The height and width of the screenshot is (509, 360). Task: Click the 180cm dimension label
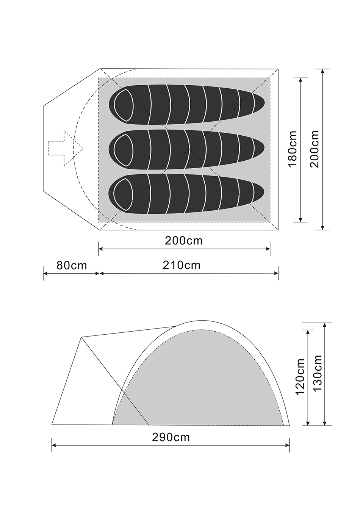(292, 149)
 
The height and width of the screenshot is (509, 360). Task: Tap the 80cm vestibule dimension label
(72, 265)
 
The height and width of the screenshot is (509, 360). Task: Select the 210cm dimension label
(182, 265)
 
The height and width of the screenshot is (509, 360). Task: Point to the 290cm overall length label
(171, 437)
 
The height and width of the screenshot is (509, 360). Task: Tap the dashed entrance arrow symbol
(66, 149)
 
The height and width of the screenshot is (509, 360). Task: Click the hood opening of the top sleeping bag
(124, 105)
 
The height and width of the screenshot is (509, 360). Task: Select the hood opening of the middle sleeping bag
(124, 150)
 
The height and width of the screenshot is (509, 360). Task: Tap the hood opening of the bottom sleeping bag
(124, 194)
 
